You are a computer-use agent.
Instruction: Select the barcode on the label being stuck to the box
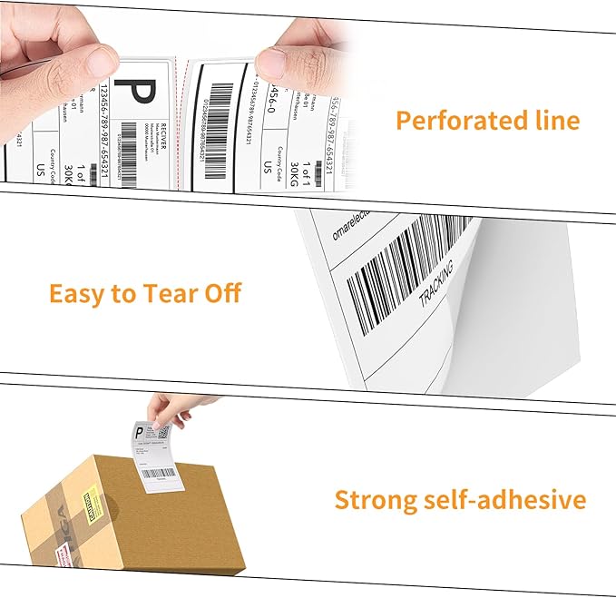(159, 473)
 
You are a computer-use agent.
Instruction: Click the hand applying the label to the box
(172, 410)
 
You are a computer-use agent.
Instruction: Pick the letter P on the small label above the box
(140, 435)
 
